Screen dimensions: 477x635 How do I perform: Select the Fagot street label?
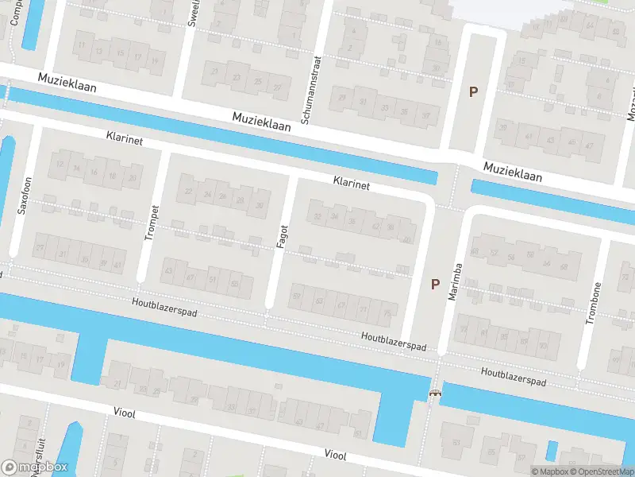point(281,235)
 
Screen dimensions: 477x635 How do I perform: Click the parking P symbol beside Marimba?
point(434,284)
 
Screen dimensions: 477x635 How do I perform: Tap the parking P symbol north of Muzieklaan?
point(473,91)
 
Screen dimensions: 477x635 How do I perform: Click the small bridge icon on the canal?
point(434,393)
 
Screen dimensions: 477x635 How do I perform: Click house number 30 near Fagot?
point(259,206)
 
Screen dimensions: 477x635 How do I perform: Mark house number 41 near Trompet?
point(117,264)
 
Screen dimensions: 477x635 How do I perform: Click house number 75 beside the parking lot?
point(387,314)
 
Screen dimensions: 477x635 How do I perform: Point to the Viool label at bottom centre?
point(336,454)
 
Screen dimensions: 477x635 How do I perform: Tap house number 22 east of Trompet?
point(188,192)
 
